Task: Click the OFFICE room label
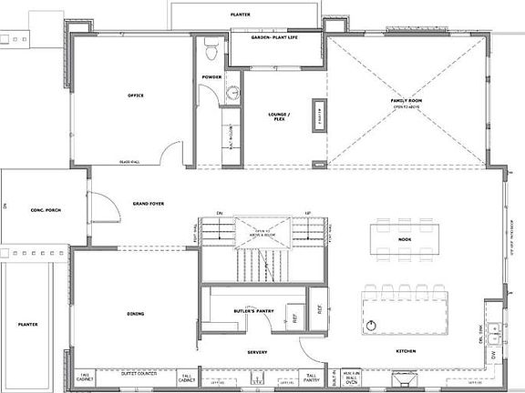(135, 96)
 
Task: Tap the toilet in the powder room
(211, 45)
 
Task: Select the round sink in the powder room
(232, 92)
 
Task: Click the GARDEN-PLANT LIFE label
(274, 37)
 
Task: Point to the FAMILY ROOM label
(405, 100)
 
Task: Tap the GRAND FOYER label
(147, 204)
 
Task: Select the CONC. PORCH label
(44, 210)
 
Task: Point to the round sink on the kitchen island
(372, 325)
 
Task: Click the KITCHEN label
(406, 353)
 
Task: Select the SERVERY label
(256, 353)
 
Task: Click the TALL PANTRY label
(312, 377)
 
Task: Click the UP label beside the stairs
(308, 215)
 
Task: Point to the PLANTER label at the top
(242, 15)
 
